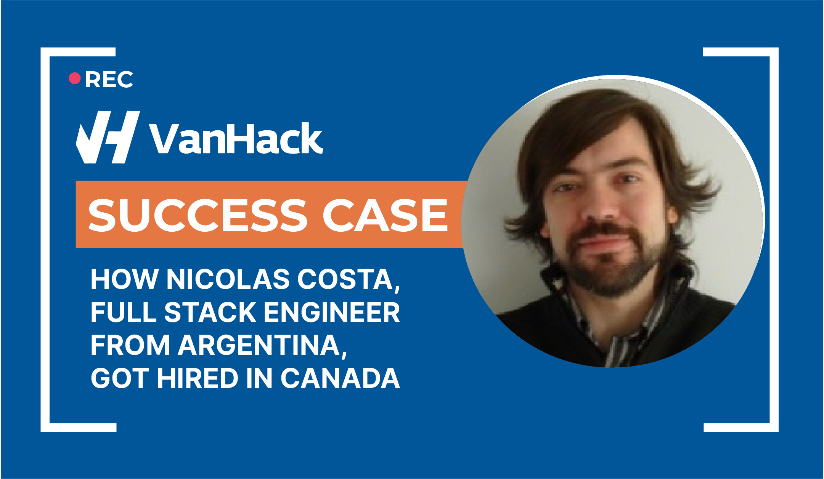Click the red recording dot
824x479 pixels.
pyautogui.click(x=75, y=78)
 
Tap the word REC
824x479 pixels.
pyautogui.click(x=109, y=80)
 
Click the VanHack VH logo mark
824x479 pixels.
pyautogui.click(x=108, y=137)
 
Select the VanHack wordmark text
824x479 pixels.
pyautogui.click(x=236, y=138)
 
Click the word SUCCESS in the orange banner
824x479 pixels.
pyautogui.click(x=198, y=215)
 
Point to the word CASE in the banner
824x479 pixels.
pyautogui.click(x=385, y=215)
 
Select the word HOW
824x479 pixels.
pyautogui.click(x=124, y=279)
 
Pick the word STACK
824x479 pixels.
pyautogui.click(x=210, y=312)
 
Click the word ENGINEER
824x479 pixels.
pyautogui.click(x=332, y=312)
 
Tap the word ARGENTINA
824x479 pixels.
pyautogui.click(x=263, y=346)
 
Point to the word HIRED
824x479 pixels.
pyautogui.click(x=198, y=378)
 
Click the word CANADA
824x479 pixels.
pyautogui.click(x=340, y=378)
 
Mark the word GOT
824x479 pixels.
pyautogui.click(x=120, y=378)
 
